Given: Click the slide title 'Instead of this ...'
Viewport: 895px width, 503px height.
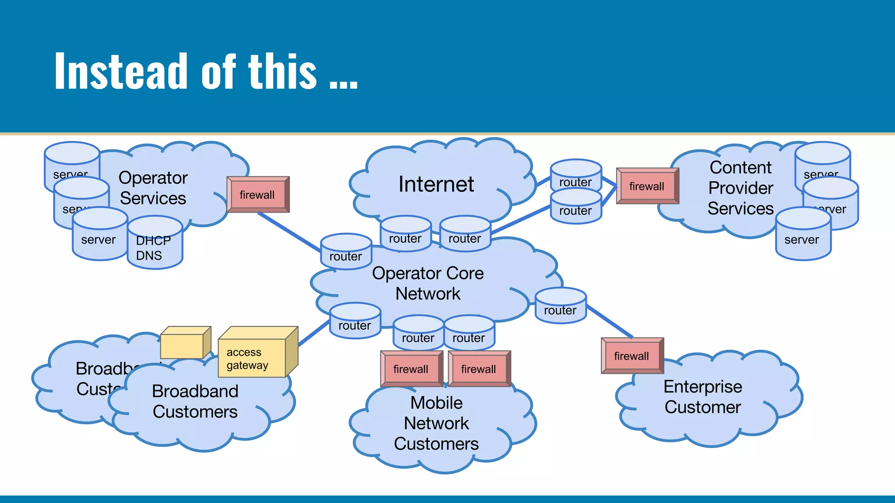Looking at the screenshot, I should (x=205, y=71).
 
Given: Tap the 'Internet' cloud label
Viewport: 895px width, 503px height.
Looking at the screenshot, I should (x=436, y=184).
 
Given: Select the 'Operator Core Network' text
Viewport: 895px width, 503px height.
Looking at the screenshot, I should (x=427, y=283).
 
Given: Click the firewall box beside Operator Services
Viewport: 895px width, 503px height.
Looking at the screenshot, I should (x=257, y=195).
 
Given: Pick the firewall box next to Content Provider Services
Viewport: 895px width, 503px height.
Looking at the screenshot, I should (x=647, y=186).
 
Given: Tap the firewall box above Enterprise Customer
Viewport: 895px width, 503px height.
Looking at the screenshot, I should (x=631, y=356).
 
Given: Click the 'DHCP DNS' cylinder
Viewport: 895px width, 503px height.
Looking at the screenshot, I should (x=154, y=245).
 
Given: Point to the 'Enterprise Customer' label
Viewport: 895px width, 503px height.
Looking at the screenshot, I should (x=702, y=397).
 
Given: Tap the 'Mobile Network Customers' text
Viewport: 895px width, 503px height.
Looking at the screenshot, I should (x=436, y=423).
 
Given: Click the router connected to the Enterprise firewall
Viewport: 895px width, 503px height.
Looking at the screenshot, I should (x=560, y=307).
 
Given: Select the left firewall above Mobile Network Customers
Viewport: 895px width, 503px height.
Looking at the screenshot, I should (x=411, y=369).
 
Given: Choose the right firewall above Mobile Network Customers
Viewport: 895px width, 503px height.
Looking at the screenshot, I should (x=479, y=369).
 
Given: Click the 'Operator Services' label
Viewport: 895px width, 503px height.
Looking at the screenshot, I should (x=153, y=188).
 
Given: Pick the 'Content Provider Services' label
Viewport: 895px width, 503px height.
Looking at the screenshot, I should (x=740, y=188).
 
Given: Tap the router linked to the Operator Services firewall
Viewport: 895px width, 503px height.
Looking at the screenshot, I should (x=346, y=252).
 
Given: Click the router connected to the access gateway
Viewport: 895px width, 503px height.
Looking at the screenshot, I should (x=355, y=322).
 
